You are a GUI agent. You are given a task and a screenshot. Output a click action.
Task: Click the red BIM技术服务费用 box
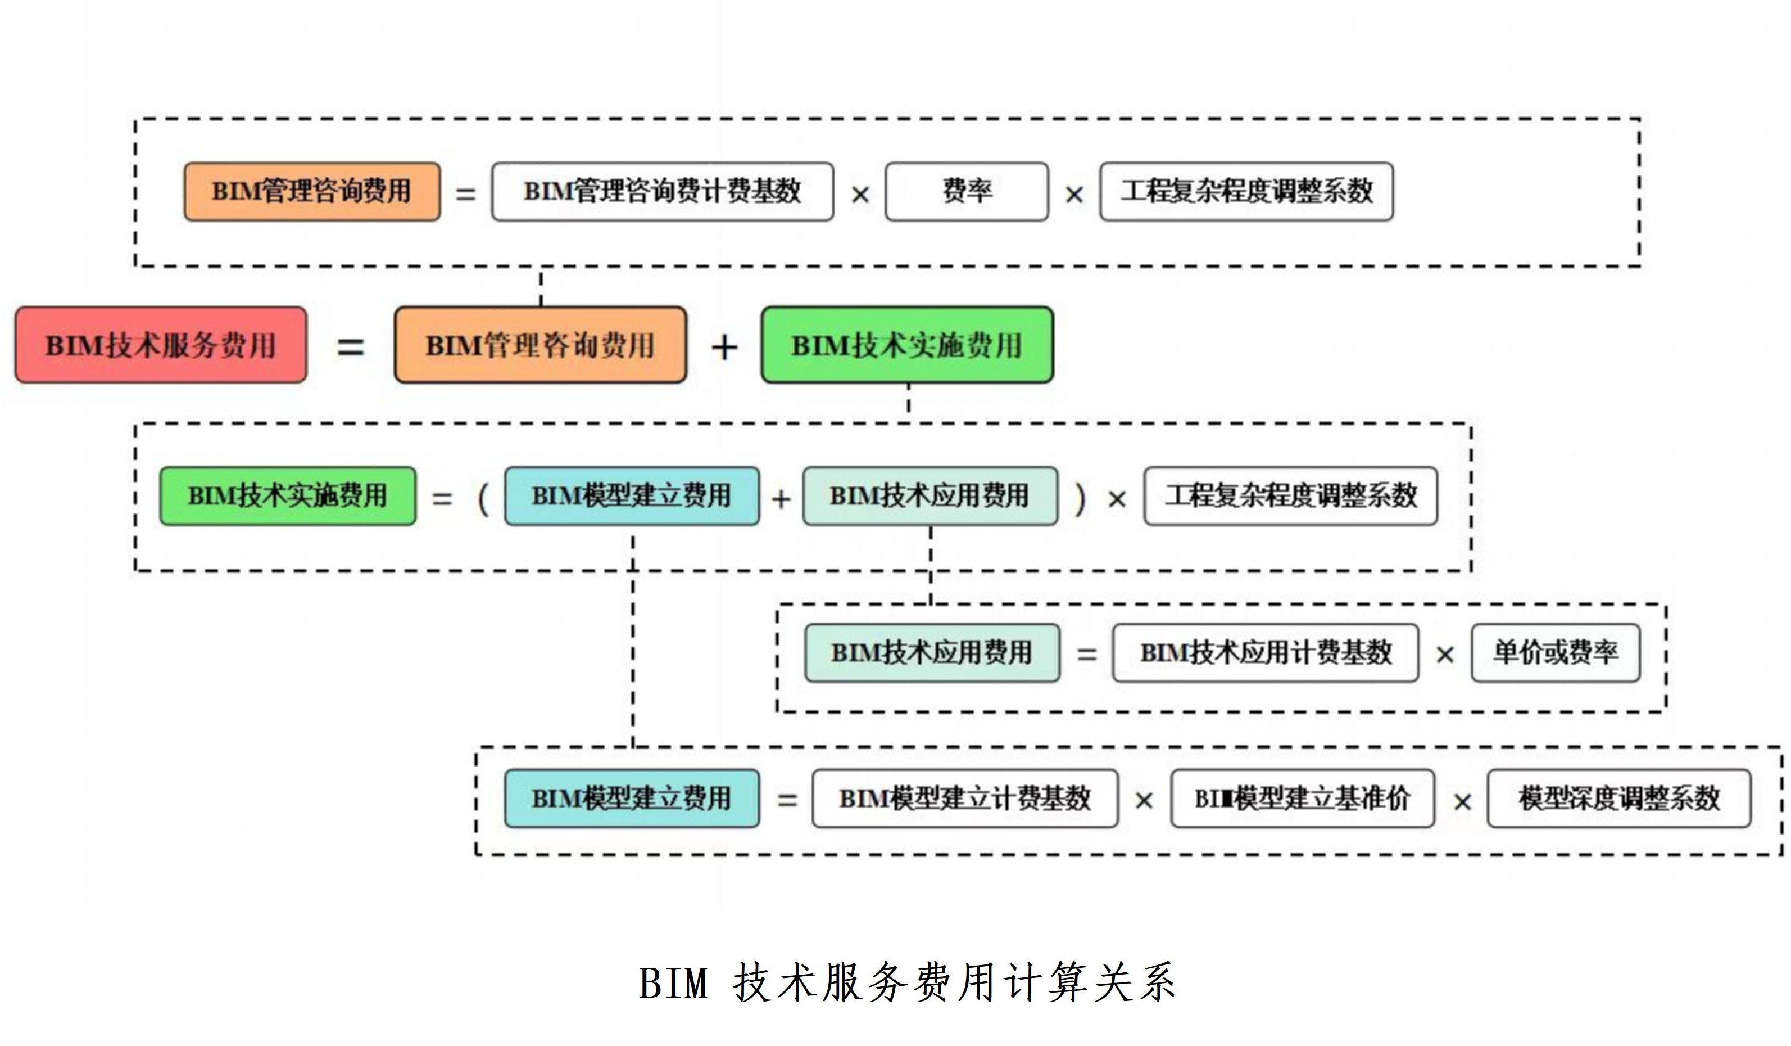pyautogui.click(x=161, y=345)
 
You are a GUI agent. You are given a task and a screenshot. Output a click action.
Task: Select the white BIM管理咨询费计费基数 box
pyautogui.click(x=663, y=191)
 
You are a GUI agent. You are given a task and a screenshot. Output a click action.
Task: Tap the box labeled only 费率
pyautogui.click(x=967, y=191)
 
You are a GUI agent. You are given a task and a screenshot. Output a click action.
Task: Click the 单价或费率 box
pyautogui.click(x=1556, y=653)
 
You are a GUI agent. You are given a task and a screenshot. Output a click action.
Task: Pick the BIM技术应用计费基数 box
pyautogui.click(x=1266, y=653)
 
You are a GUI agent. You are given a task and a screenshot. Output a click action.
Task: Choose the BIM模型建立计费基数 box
pyautogui.click(x=965, y=799)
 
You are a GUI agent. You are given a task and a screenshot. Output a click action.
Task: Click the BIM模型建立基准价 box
pyautogui.click(x=1303, y=799)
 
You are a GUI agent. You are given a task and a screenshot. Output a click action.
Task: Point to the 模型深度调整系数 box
pyautogui.click(x=1619, y=799)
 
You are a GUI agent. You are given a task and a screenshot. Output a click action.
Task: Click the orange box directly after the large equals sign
pyautogui.click(x=541, y=345)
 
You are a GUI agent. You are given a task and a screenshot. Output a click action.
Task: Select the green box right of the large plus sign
pyautogui.click(x=907, y=345)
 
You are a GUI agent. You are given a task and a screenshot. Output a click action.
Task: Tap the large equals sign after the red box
pyautogui.click(x=350, y=348)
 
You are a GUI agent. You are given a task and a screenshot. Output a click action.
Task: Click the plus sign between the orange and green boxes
pyautogui.click(x=724, y=348)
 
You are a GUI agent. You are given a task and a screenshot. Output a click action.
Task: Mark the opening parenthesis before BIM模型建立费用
pyautogui.click(x=484, y=498)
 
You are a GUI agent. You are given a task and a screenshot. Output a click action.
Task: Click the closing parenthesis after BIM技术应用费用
pyautogui.click(x=1080, y=498)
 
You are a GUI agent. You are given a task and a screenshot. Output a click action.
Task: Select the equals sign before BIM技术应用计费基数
pyautogui.click(x=1087, y=654)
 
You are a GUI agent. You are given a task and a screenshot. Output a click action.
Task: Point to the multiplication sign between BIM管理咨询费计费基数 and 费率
pyautogui.click(x=860, y=194)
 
